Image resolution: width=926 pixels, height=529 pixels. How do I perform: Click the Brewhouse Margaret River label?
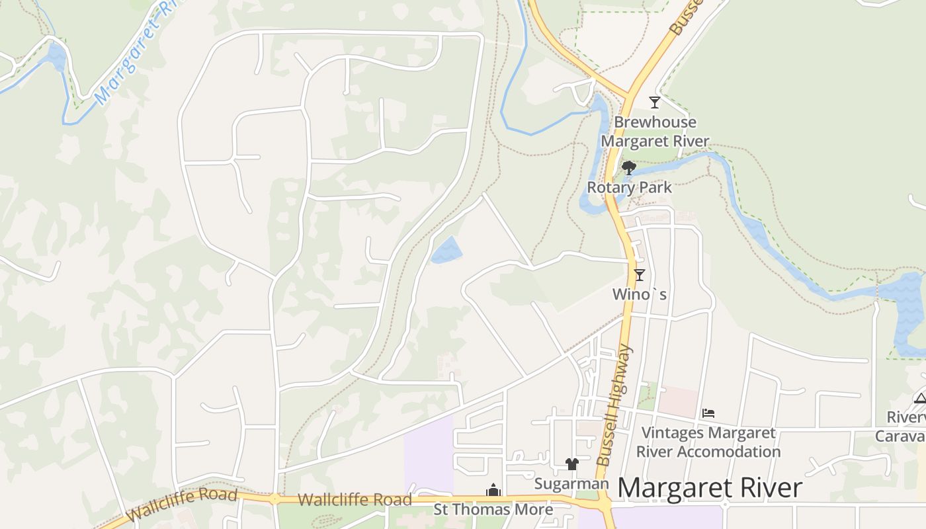(654, 132)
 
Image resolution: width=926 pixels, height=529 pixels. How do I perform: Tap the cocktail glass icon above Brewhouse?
(654, 102)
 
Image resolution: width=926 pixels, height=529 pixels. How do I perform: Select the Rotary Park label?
(629, 188)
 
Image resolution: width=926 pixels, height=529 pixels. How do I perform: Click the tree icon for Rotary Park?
(629, 168)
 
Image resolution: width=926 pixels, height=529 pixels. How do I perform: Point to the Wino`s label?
(640, 294)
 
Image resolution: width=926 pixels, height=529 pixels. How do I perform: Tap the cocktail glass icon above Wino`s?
(639, 275)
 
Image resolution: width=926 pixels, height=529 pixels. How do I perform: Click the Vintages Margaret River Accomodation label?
(708, 442)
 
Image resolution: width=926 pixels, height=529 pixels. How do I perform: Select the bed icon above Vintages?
(708, 413)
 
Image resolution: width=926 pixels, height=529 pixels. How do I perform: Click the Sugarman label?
(571, 484)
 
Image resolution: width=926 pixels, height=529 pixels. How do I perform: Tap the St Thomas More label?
(493, 510)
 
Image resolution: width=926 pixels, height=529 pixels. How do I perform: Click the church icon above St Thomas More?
(493, 490)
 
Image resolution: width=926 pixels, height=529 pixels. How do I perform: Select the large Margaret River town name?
(710, 489)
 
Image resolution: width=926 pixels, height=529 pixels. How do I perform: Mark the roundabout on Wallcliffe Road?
(274, 499)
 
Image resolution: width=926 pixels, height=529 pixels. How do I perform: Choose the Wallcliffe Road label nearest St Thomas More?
(355, 500)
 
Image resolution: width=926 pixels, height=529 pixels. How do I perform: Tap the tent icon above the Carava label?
(919, 398)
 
